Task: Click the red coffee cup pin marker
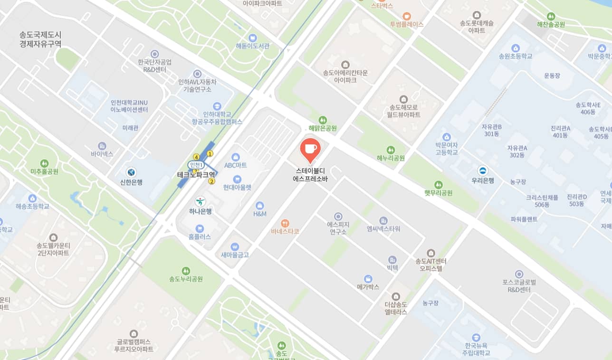coord(310,149)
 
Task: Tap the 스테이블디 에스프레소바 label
coord(311,174)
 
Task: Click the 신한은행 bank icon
coord(131,172)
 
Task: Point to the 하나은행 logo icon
coord(201,201)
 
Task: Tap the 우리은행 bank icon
coord(483,171)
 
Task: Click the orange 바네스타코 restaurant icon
coord(285,222)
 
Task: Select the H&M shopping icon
coord(259,205)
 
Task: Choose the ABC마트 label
coord(236,165)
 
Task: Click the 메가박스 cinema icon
coord(368,278)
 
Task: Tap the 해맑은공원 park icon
coord(323,120)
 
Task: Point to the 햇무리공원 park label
coord(438,193)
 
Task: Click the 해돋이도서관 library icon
coord(253,38)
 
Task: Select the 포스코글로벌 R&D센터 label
coord(519,285)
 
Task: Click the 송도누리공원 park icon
coord(186,270)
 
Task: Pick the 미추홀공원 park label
coord(44,171)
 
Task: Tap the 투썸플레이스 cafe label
coord(407,24)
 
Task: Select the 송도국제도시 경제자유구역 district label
coord(40,39)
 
